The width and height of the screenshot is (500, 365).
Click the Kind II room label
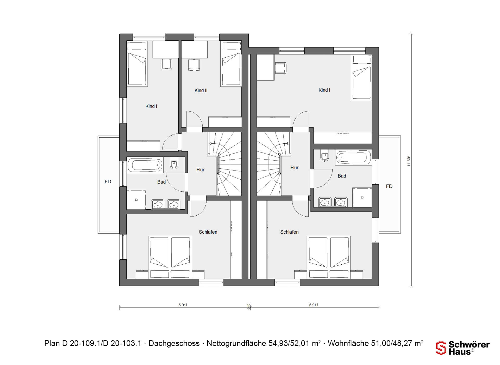point(201,90)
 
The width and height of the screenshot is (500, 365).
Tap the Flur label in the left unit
point(200,170)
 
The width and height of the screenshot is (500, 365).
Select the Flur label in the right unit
point(294,168)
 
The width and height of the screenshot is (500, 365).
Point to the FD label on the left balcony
point(108,181)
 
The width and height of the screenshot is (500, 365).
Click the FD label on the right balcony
point(389,186)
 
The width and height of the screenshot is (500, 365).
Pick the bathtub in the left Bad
point(145,165)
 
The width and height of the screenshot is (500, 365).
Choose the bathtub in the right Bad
point(353,157)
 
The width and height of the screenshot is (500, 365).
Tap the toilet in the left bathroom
point(174,163)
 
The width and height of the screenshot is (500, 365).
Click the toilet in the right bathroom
point(324,156)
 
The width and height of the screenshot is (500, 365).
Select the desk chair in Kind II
point(194,65)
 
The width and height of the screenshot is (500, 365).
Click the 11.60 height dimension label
point(409,161)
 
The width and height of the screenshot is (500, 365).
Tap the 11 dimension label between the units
point(249,305)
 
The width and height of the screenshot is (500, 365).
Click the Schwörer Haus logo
point(463,348)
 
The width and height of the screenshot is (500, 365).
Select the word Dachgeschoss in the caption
point(174,343)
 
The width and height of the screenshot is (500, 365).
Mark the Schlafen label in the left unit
point(208,232)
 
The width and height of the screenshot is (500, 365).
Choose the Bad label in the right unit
point(342,176)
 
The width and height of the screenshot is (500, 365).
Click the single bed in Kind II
point(231,64)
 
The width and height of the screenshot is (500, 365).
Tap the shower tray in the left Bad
point(136,199)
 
